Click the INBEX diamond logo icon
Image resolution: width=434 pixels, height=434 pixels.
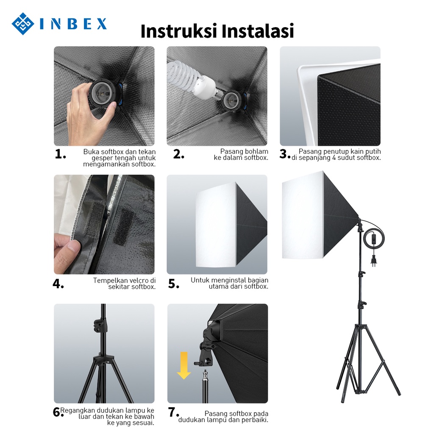coord(23,24)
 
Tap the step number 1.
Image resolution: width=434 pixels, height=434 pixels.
coord(60,154)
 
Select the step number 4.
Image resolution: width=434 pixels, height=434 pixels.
coord(58,284)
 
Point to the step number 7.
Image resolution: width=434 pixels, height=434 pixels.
coord(173,412)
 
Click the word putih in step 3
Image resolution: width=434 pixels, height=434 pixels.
coord(373,152)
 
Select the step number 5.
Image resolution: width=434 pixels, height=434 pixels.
coord(173,284)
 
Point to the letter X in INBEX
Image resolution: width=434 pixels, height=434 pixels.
coord(102,24)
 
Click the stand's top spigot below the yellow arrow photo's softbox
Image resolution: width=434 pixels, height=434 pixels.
coord(205,376)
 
